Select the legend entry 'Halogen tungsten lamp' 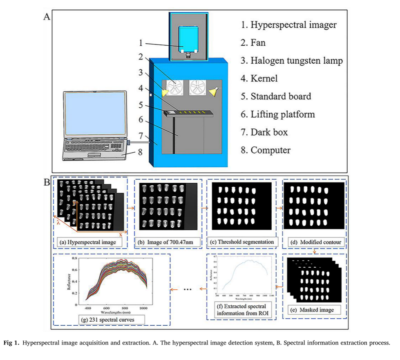tap(296, 61)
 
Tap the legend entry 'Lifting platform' tap(282, 114)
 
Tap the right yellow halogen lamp tap(214, 92)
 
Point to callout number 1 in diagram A tap(140, 42)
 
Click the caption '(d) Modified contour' tap(315, 242)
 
